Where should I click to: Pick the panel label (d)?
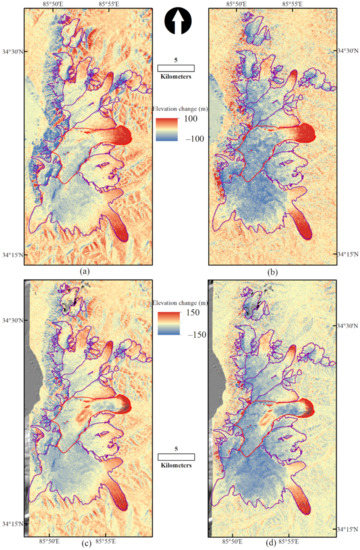[x=271, y=542]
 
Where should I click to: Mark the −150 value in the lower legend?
[x=193, y=329]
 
